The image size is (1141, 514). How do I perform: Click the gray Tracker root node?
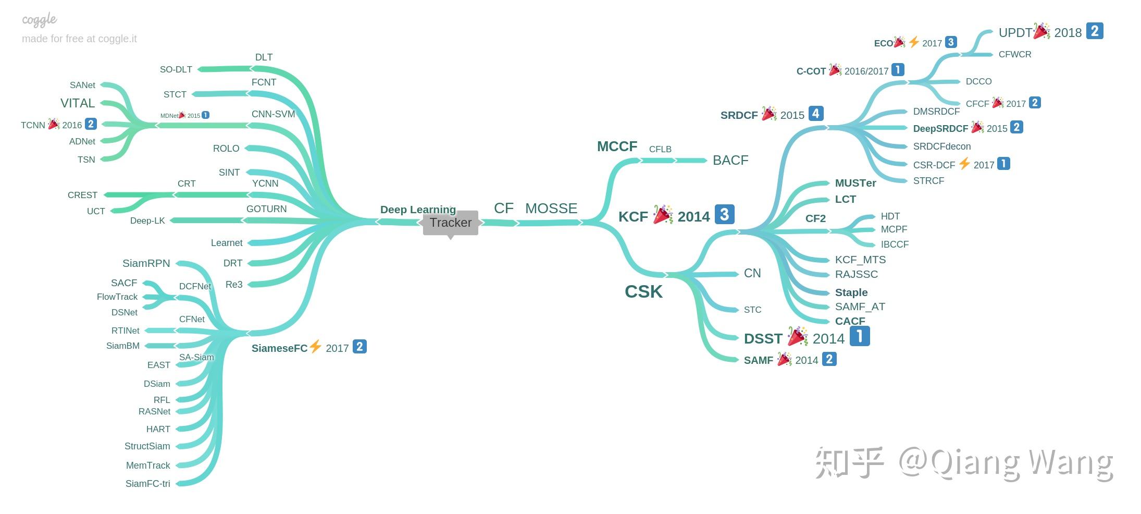click(451, 223)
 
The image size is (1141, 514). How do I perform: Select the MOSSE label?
click(551, 209)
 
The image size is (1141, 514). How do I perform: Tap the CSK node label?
click(643, 291)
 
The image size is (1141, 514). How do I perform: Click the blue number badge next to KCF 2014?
click(724, 214)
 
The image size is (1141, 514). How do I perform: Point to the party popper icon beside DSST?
click(797, 336)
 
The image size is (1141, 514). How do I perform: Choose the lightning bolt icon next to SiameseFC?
click(315, 346)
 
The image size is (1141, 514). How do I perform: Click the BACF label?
click(730, 160)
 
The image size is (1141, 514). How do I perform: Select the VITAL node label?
click(78, 103)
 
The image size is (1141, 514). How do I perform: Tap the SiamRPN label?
click(146, 263)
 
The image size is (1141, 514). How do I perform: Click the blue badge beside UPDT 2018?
click(1095, 31)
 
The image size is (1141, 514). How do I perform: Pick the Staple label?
click(851, 292)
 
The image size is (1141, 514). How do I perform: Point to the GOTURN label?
click(266, 209)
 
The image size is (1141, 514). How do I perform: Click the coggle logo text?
click(39, 20)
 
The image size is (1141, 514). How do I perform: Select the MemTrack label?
click(148, 466)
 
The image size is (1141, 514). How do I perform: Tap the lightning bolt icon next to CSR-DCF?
click(964, 164)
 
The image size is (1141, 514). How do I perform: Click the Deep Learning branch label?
click(418, 210)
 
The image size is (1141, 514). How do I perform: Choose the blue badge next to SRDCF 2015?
click(816, 114)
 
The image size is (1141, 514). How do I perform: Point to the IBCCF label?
click(895, 244)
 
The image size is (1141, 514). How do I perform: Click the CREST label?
click(82, 195)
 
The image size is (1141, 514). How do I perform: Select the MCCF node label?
click(617, 146)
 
